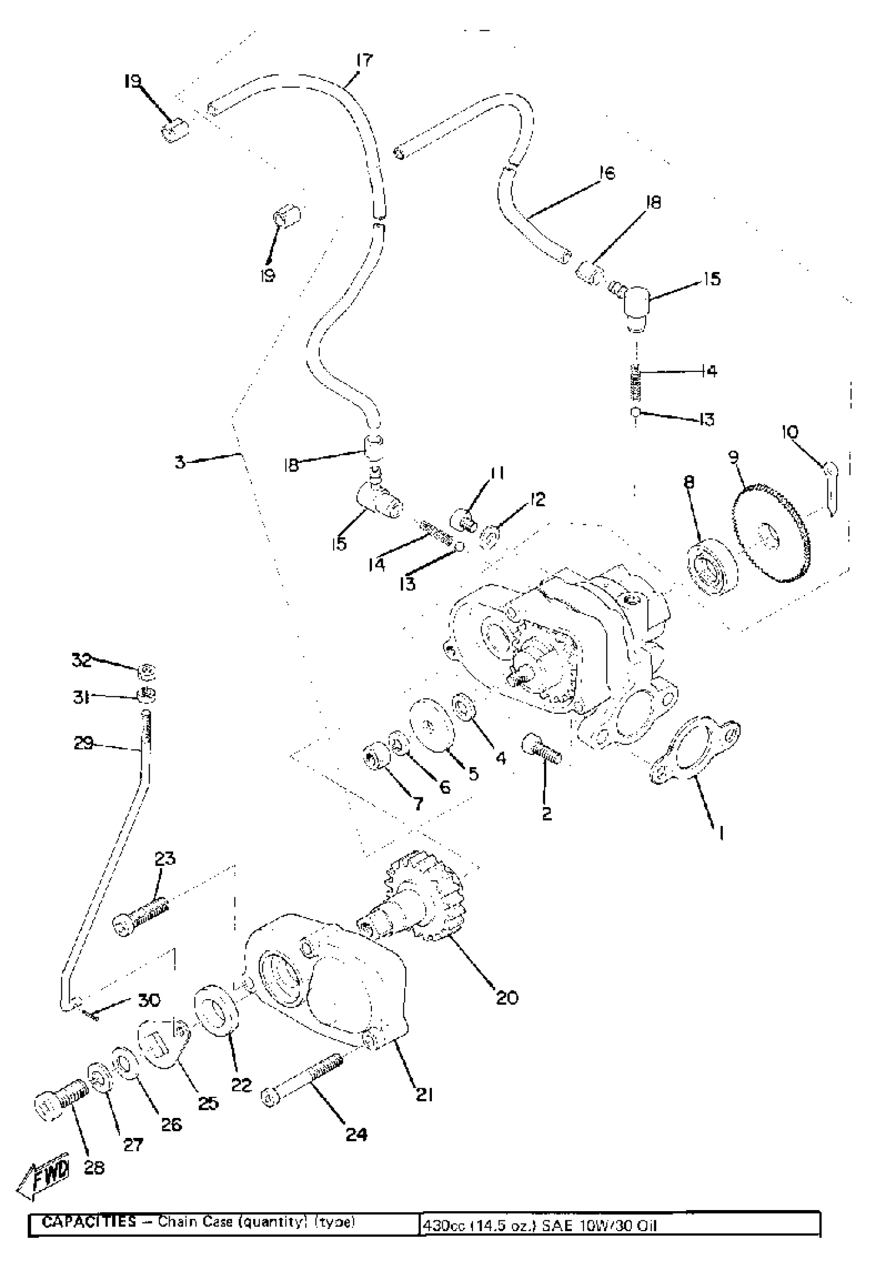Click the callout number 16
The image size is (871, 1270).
[605, 173]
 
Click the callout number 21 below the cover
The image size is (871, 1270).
[425, 1094]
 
